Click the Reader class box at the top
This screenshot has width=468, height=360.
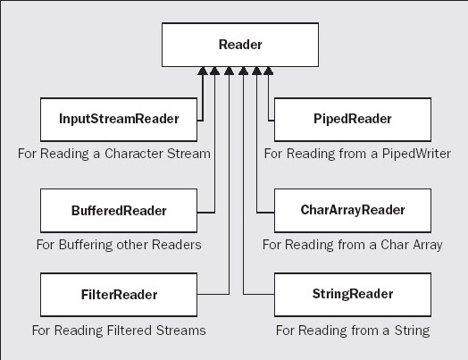(240, 45)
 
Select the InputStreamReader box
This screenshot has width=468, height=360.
(119, 120)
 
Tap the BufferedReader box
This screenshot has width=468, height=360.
(119, 211)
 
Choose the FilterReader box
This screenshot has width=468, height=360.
(119, 295)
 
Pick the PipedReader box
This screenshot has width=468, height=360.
(353, 120)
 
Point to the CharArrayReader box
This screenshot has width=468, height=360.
(353, 211)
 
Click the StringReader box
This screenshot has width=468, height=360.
(353, 295)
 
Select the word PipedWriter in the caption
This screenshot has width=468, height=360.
(416, 154)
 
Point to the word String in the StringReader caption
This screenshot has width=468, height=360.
(413, 331)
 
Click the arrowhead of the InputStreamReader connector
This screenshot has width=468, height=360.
(203, 71)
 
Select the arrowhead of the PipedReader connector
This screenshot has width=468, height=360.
(268, 71)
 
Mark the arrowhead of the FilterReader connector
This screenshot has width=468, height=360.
(229, 71)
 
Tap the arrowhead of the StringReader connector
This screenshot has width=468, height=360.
(243, 71)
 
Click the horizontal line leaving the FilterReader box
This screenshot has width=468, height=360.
(213, 294)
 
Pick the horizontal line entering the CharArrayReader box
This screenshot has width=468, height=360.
(265, 213)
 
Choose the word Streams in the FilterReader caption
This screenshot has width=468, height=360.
(181, 331)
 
